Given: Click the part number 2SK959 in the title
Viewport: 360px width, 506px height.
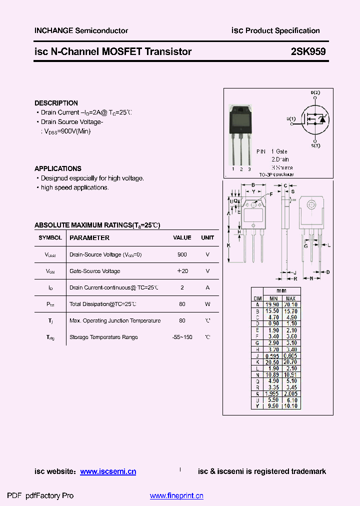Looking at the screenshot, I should coord(308,51).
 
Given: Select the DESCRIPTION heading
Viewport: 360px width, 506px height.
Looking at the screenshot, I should coord(56,103).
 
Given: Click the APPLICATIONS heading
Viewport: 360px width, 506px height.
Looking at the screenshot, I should coord(58,168).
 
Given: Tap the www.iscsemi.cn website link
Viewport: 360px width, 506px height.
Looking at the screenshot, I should coord(108,471).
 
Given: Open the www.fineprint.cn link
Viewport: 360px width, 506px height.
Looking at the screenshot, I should coord(176,496).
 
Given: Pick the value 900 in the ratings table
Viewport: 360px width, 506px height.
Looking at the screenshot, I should coord(182,254).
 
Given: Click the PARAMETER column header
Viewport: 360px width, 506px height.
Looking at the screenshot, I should coord(89,238).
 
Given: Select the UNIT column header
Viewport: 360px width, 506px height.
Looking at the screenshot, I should coord(207,238).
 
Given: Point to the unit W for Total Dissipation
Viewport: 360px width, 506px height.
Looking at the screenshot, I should coord(207,304).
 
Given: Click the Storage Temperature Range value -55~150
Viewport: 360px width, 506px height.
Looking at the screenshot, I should coord(182,337).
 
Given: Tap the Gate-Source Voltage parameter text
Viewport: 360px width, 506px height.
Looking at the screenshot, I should coord(94,271).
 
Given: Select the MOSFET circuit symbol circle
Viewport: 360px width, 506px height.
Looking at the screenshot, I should coord(315,119).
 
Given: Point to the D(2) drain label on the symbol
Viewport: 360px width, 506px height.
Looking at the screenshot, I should coord(315,93).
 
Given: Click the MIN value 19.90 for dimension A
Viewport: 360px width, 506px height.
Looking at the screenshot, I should coord(272,304).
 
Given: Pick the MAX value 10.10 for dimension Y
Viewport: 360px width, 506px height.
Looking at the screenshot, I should coord(291,406).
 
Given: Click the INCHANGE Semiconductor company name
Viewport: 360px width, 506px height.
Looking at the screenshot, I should coord(81,30).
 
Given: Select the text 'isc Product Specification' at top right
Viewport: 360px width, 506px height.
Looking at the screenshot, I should coord(275,30).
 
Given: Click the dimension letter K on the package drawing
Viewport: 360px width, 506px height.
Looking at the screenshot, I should coord(228,245).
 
